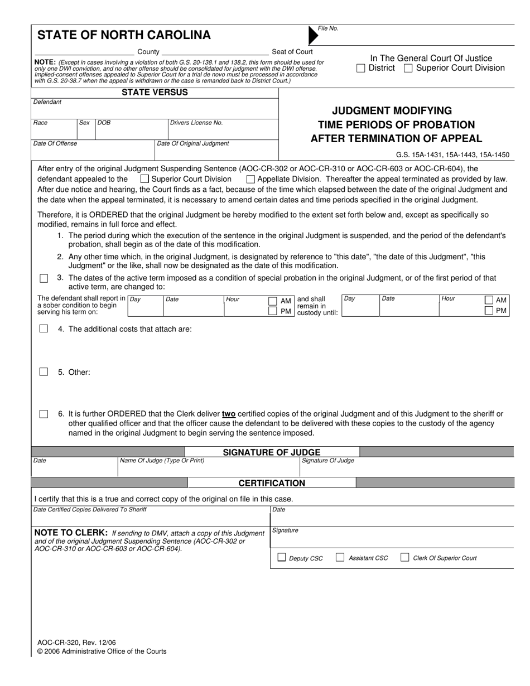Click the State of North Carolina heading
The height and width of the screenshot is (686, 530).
pyautogui.click(x=124, y=35)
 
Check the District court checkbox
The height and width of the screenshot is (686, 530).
pyautogui.click(x=361, y=68)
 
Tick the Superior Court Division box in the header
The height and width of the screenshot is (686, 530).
pyautogui.click(x=408, y=68)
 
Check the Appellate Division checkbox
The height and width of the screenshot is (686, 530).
pyautogui.click(x=250, y=179)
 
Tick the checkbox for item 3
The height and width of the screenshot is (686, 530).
pyautogui.click(x=44, y=278)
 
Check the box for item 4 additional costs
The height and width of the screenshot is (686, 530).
pyautogui.click(x=44, y=329)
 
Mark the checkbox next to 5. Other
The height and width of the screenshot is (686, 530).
pyautogui.click(x=44, y=372)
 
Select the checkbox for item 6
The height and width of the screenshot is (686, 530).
pyautogui.click(x=44, y=414)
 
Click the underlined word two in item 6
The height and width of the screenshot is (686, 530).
pyautogui.click(x=228, y=414)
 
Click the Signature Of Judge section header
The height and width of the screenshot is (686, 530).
pyautogui.click(x=272, y=452)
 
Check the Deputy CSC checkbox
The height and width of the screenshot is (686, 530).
pyautogui.click(x=282, y=557)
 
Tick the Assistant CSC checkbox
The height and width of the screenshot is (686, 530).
pyautogui.click(x=340, y=557)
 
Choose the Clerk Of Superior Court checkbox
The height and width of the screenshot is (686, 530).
pyautogui.click(x=405, y=557)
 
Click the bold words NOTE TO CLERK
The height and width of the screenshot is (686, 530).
pyautogui.click(x=71, y=533)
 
